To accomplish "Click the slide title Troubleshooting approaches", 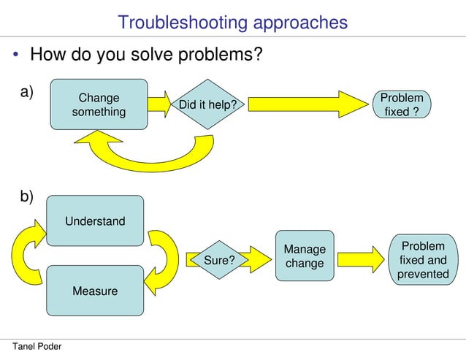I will pos(232,23).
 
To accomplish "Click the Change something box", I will pos(99,104).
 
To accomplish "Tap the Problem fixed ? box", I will pos(402,105).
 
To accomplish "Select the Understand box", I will pos(95,221).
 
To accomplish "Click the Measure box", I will pos(95,291).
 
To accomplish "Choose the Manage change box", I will pos(305,256).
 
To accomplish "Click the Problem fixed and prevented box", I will pos(423,259).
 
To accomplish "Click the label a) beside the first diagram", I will pos(26,91).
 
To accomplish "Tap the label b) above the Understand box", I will pos(26,196).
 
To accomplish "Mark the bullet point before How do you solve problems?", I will pos(15,55).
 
